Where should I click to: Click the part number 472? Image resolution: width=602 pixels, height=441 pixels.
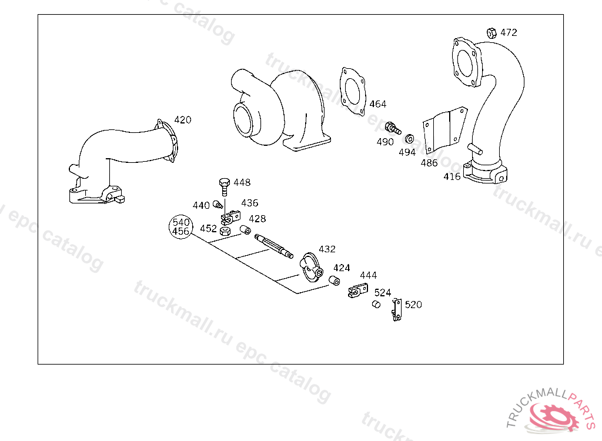click(x=509, y=32)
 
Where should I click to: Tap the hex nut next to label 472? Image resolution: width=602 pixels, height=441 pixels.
click(x=491, y=33)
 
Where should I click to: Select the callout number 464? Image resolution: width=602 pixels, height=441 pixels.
click(x=378, y=104)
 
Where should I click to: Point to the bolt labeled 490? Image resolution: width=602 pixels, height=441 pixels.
click(x=393, y=128)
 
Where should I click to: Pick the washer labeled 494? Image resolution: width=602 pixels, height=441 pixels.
click(x=410, y=138)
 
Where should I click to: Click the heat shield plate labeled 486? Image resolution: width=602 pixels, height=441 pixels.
click(x=444, y=130)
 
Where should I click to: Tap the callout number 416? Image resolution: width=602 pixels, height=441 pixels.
click(x=452, y=177)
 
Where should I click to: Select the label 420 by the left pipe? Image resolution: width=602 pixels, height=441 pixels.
click(x=183, y=120)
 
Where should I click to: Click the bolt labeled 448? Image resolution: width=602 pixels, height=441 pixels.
click(x=224, y=186)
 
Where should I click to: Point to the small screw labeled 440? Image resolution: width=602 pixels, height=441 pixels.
click(x=218, y=205)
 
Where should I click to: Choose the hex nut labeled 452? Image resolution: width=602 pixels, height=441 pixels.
click(x=225, y=231)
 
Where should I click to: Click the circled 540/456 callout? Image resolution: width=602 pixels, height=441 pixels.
click(x=181, y=226)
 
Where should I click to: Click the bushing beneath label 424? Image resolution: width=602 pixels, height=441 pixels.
click(x=335, y=281)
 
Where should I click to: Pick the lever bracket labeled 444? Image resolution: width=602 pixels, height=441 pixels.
click(x=358, y=290)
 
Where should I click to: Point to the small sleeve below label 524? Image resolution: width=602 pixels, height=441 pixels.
click(x=376, y=304)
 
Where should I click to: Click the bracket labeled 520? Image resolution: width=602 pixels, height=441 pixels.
click(x=397, y=310)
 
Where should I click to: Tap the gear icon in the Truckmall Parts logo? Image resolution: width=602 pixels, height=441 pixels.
click(x=555, y=417)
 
